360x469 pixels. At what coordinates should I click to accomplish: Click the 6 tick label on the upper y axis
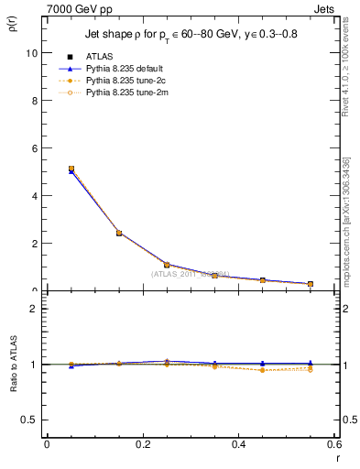(x=34, y=148)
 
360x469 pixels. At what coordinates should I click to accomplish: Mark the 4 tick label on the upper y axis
(x=34, y=196)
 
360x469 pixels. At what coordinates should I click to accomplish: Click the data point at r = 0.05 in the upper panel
(x=71, y=169)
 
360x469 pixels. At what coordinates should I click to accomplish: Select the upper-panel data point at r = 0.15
(x=119, y=233)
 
